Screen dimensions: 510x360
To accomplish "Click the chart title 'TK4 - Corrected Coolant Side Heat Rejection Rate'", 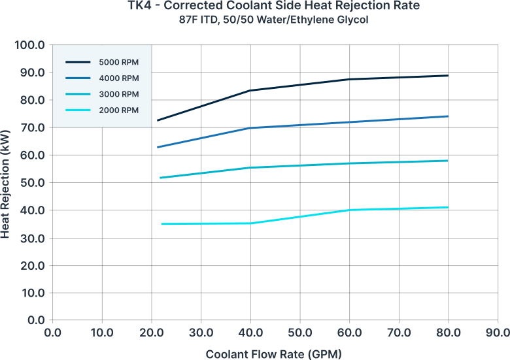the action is click(273, 5).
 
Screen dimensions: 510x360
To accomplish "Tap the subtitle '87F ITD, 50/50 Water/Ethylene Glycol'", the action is click(273, 20).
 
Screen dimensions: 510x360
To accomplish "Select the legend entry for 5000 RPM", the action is click(102, 62).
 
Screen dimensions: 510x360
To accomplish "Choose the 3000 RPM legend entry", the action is click(102, 94).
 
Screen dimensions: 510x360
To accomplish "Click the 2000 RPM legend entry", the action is click(102, 110).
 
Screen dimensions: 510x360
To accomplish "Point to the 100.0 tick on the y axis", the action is click(29, 45).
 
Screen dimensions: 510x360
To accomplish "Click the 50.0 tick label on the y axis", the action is click(33, 182).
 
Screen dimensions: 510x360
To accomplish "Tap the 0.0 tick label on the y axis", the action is click(36, 320).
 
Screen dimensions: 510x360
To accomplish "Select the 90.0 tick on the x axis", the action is click(498, 333).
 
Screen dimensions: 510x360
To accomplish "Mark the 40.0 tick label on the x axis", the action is click(250, 333).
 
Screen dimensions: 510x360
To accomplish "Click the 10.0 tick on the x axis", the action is click(102, 333).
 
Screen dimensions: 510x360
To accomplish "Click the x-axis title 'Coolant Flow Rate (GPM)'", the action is click(273, 354).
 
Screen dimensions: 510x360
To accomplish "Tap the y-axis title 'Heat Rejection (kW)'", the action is click(5, 184).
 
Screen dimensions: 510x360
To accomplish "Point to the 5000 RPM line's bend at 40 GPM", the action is click(250, 90).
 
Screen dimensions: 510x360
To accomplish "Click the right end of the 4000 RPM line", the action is click(448, 116).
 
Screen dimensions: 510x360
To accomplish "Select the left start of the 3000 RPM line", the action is click(160, 178).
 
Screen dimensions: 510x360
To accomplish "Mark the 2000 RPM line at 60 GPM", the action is click(349, 210).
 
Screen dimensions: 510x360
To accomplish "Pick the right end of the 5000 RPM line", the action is click(448, 76).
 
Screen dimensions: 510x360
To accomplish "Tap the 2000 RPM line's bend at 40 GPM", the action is click(250, 223).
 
